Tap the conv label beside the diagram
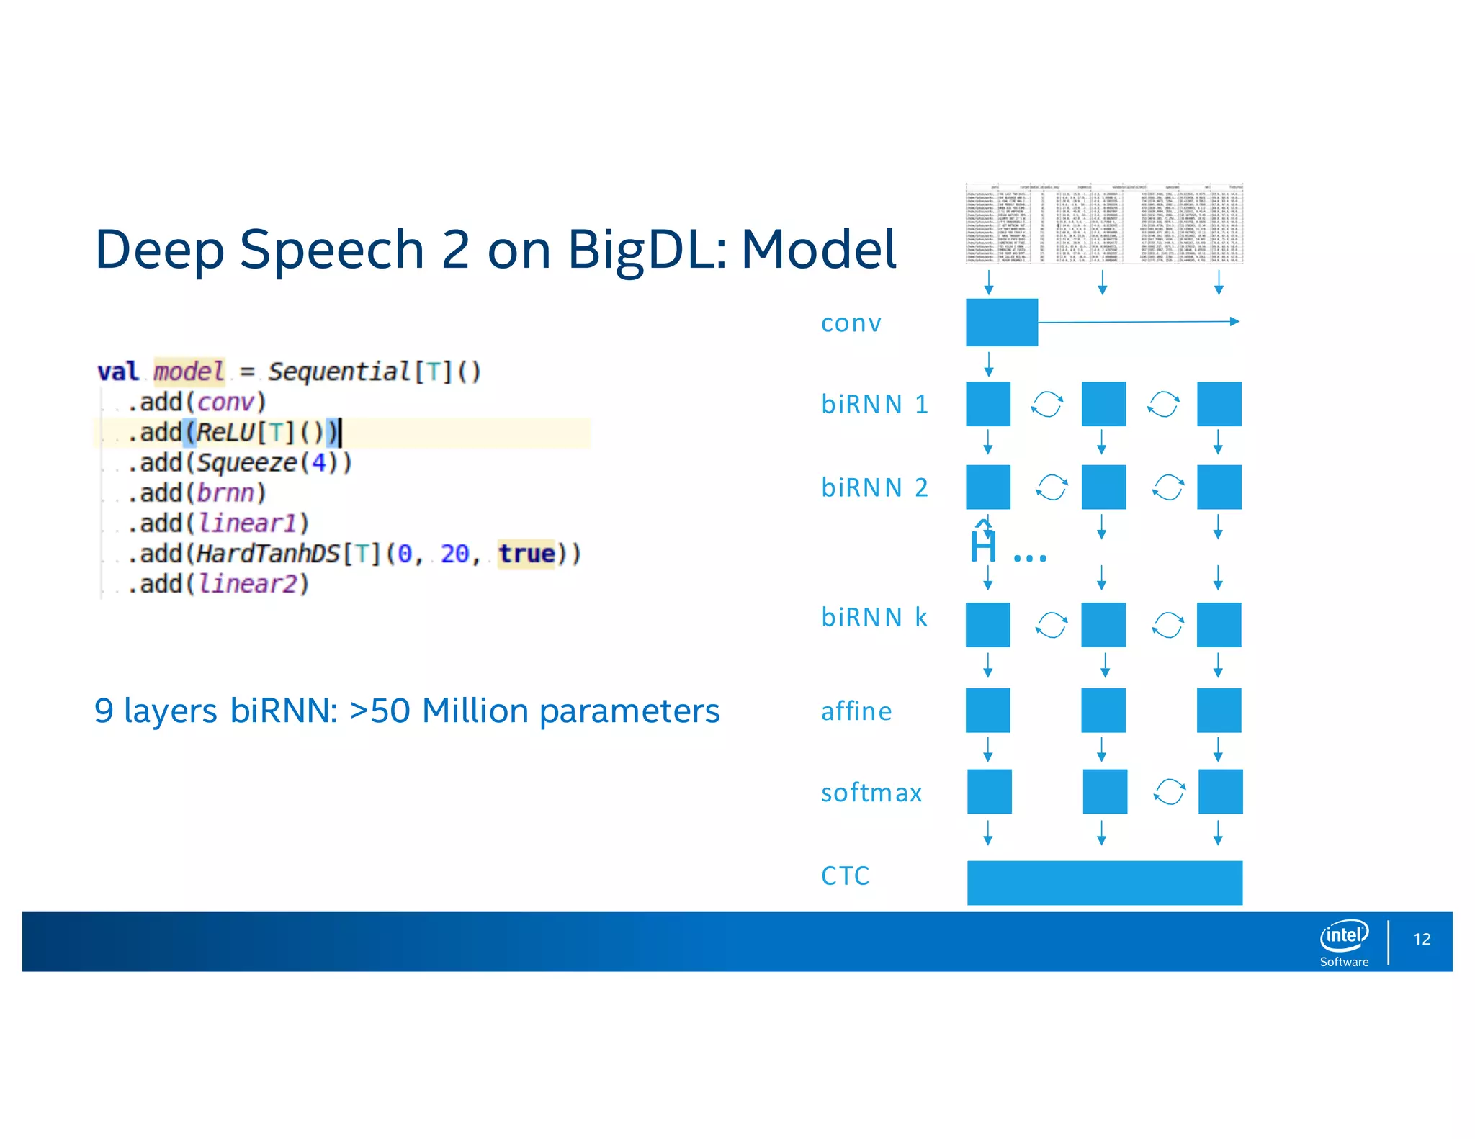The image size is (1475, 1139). pyautogui.click(x=851, y=323)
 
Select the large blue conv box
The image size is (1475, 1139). pyautogui.click(x=1001, y=322)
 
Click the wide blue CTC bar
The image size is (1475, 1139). pyautogui.click(x=1104, y=882)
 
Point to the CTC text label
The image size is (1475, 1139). pyautogui.click(x=845, y=876)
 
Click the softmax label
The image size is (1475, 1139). pyautogui.click(x=871, y=793)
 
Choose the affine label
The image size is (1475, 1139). pyautogui.click(x=856, y=711)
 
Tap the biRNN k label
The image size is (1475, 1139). pyautogui.click(x=874, y=618)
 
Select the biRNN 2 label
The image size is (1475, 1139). pyautogui.click(x=874, y=488)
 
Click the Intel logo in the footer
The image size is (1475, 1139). pyautogui.click(x=1344, y=935)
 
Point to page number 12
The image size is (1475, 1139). pyautogui.click(x=1421, y=939)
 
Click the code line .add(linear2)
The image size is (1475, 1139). pyautogui.click(x=218, y=584)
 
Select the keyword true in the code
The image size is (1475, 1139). pyautogui.click(x=526, y=554)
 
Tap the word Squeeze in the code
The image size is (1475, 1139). pyautogui.click(x=247, y=463)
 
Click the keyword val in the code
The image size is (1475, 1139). pyautogui.click(x=117, y=372)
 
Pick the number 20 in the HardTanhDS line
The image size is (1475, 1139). pyautogui.click(x=454, y=554)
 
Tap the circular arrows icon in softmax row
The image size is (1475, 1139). pyautogui.click(x=1169, y=792)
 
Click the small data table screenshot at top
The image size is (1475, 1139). pyautogui.click(x=1104, y=224)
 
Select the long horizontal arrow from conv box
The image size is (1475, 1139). pyautogui.click(x=1138, y=322)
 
